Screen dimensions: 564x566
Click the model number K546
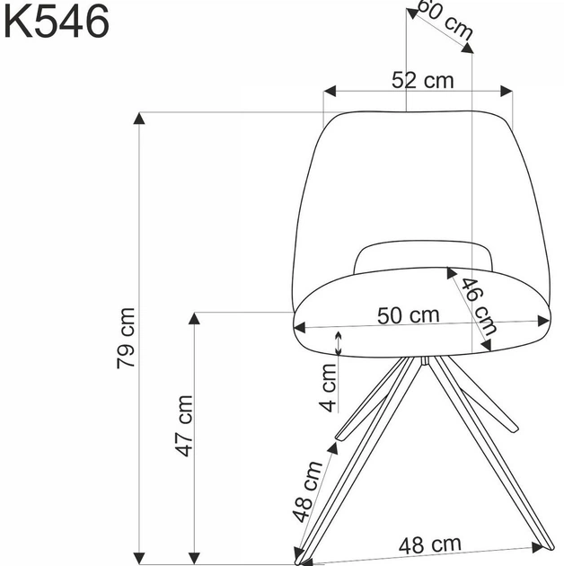pyautogui.click(x=57, y=22)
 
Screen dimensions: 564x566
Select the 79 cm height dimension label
pyautogui.click(x=126, y=338)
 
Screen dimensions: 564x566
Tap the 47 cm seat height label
pyautogui.click(x=184, y=426)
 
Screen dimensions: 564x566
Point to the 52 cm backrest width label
pyautogui.click(x=422, y=80)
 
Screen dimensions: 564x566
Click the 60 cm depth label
pyautogui.click(x=445, y=19)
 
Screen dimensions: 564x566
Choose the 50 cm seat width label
pyautogui.click(x=408, y=315)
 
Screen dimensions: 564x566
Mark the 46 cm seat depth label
pyautogui.click(x=480, y=306)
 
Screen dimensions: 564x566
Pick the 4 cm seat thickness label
pyautogui.click(x=329, y=388)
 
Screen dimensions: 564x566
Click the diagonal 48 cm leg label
pyautogui.click(x=307, y=492)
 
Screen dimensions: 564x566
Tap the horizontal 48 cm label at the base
pyautogui.click(x=430, y=545)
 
